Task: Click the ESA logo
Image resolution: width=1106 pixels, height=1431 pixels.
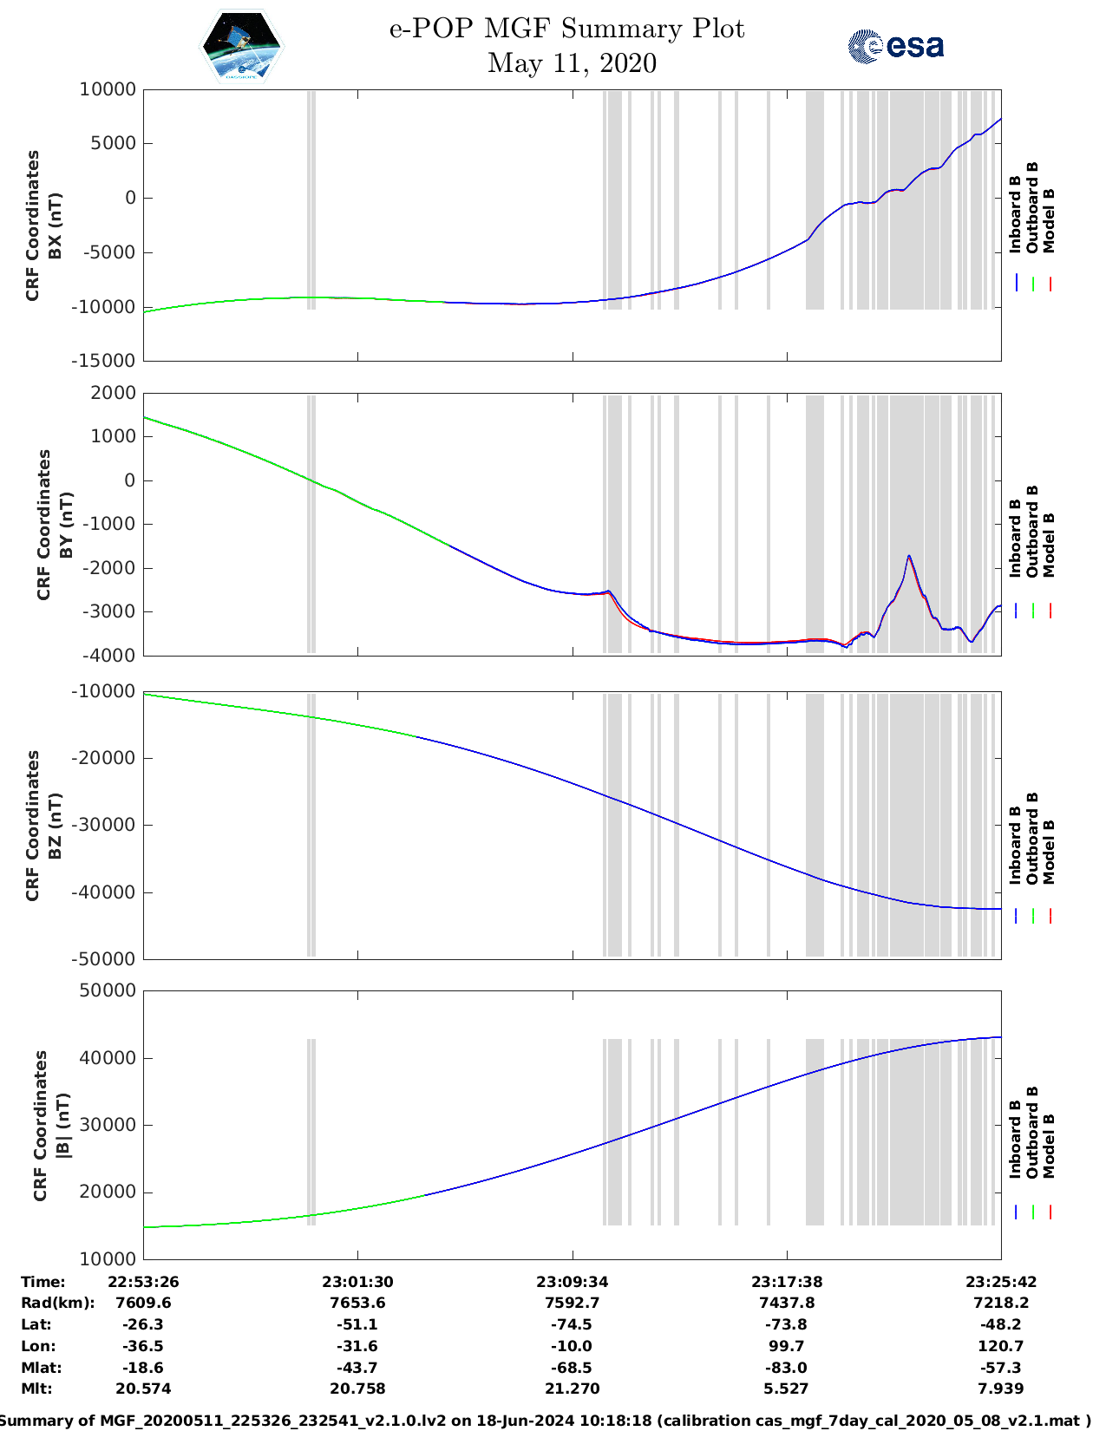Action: pyautogui.click(x=896, y=46)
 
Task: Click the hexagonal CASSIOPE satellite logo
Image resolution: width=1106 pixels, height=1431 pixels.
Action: pyautogui.click(x=241, y=47)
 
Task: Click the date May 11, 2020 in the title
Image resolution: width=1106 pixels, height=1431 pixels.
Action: pyautogui.click(x=572, y=63)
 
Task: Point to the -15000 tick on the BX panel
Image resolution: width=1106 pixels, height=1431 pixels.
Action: pyautogui.click(x=108, y=361)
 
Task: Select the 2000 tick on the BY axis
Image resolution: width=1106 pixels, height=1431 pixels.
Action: pyautogui.click(x=114, y=393)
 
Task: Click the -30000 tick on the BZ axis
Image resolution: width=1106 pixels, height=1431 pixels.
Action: pyautogui.click(x=108, y=825)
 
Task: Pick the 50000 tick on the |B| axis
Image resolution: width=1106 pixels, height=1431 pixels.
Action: pyautogui.click(x=108, y=990)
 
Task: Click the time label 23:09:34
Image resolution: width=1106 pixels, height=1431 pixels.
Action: pyautogui.click(x=572, y=1282)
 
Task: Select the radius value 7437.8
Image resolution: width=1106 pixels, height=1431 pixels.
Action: pyautogui.click(x=787, y=1303)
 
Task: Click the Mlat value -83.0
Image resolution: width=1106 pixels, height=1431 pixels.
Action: pyautogui.click(x=787, y=1368)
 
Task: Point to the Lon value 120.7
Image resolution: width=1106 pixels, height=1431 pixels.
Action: pyautogui.click(x=1001, y=1346)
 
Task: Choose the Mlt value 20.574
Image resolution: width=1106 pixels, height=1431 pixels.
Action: pyautogui.click(x=143, y=1389)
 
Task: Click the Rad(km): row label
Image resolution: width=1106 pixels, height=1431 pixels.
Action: pyautogui.click(x=57, y=1303)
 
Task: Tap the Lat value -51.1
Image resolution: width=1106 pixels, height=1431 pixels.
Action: pyautogui.click(x=357, y=1324)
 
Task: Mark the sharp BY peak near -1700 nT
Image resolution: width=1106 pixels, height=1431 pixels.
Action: pyautogui.click(x=908, y=556)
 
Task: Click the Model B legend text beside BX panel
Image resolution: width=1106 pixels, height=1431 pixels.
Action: pyautogui.click(x=1049, y=220)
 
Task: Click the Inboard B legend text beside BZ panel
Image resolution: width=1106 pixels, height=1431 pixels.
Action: pyautogui.click(x=1015, y=846)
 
